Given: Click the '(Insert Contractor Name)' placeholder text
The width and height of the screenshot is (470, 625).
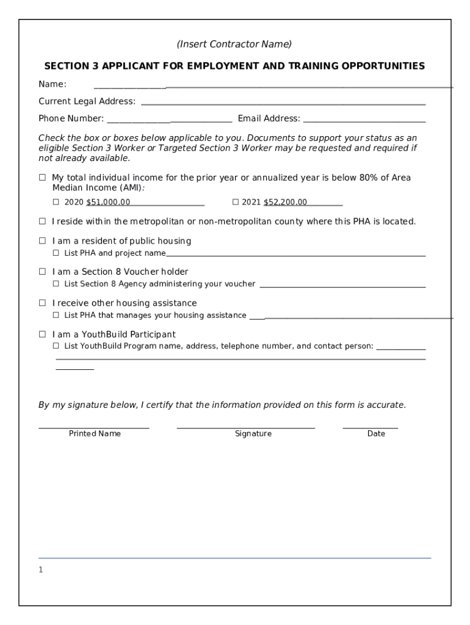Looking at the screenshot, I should [x=234, y=44].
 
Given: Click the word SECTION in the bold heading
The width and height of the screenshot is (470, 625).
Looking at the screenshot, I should [x=67, y=66].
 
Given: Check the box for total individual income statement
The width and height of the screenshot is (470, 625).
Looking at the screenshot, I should [x=43, y=178].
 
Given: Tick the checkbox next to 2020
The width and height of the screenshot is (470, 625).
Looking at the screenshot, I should [x=56, y=202].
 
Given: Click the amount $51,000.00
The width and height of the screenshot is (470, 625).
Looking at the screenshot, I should [x=108, y=202].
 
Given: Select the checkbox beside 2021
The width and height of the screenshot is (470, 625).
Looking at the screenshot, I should [x=236, y=202].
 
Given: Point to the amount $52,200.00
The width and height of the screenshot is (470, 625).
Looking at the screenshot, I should [x=285, y=202].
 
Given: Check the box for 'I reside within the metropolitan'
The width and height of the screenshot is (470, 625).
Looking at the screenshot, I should [x=43, y=221].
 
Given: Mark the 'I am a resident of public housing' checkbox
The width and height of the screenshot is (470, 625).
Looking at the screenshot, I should [x=43, y=240].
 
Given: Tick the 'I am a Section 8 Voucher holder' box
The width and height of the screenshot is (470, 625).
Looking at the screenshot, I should [x=43, y=272].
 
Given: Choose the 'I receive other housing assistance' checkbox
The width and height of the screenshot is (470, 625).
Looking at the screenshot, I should [x=43, y=303].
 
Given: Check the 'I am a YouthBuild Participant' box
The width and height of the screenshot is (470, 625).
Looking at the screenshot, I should [x=43, y=334].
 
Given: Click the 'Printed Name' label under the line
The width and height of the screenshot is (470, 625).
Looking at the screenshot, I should [x=95, y=433].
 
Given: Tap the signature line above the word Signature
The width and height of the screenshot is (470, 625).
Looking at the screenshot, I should [x=245, y=427].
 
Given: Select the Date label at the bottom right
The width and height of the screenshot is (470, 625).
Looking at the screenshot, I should [x=376, y=433].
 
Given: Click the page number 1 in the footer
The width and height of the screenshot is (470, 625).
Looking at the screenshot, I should [x=41, y=569].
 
